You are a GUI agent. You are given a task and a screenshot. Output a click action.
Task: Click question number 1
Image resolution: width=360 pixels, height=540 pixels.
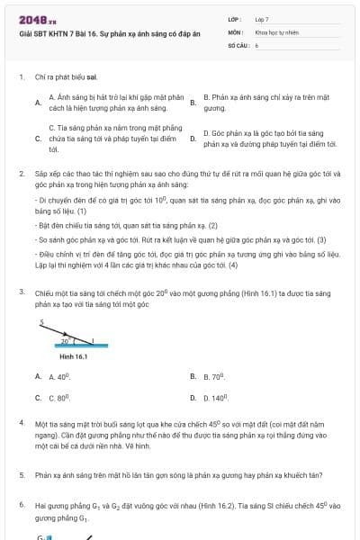[x=21, y=76]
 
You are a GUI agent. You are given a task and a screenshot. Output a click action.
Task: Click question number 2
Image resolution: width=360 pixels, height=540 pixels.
[x=21, y=171]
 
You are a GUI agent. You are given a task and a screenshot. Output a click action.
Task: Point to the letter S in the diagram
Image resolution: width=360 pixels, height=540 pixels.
[x=41, y=321]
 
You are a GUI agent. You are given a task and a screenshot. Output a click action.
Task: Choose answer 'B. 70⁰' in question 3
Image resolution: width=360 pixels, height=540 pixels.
[x=213, y=376]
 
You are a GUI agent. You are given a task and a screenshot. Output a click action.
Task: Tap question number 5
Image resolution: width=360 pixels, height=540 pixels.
[x=21, y=473]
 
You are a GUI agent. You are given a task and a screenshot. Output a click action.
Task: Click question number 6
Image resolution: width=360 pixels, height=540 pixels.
[x=21, y=506]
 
